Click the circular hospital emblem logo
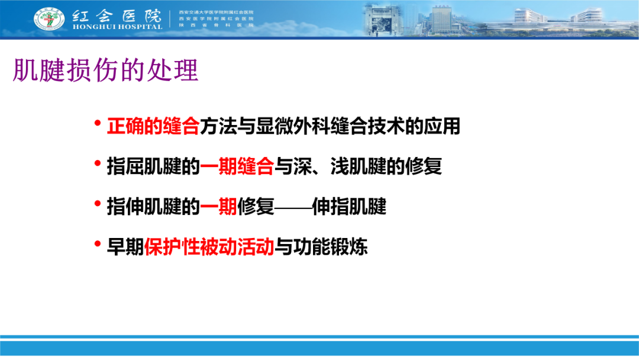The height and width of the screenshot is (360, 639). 50,18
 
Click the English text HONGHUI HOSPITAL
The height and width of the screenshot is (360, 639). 117,27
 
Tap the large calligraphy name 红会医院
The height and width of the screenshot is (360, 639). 117,15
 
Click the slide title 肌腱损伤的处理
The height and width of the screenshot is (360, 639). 106,70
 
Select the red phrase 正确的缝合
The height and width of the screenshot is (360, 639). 153,127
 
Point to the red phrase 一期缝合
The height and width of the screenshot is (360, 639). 237,167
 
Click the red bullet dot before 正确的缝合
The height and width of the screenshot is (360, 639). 98,125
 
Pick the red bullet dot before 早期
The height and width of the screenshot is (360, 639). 98,245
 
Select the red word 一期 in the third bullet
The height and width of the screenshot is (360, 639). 218,207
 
